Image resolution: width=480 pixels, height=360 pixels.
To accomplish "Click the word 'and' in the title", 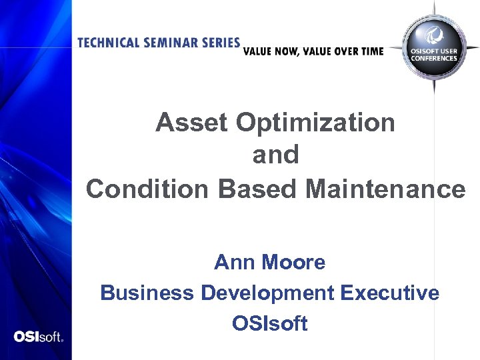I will (x=275, y=155).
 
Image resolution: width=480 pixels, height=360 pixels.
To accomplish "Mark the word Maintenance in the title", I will (x=385, y=189).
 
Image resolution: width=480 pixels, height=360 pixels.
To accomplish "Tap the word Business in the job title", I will (x=147, y=293).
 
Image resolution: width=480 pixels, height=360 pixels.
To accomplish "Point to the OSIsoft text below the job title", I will (x=269, y=324).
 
